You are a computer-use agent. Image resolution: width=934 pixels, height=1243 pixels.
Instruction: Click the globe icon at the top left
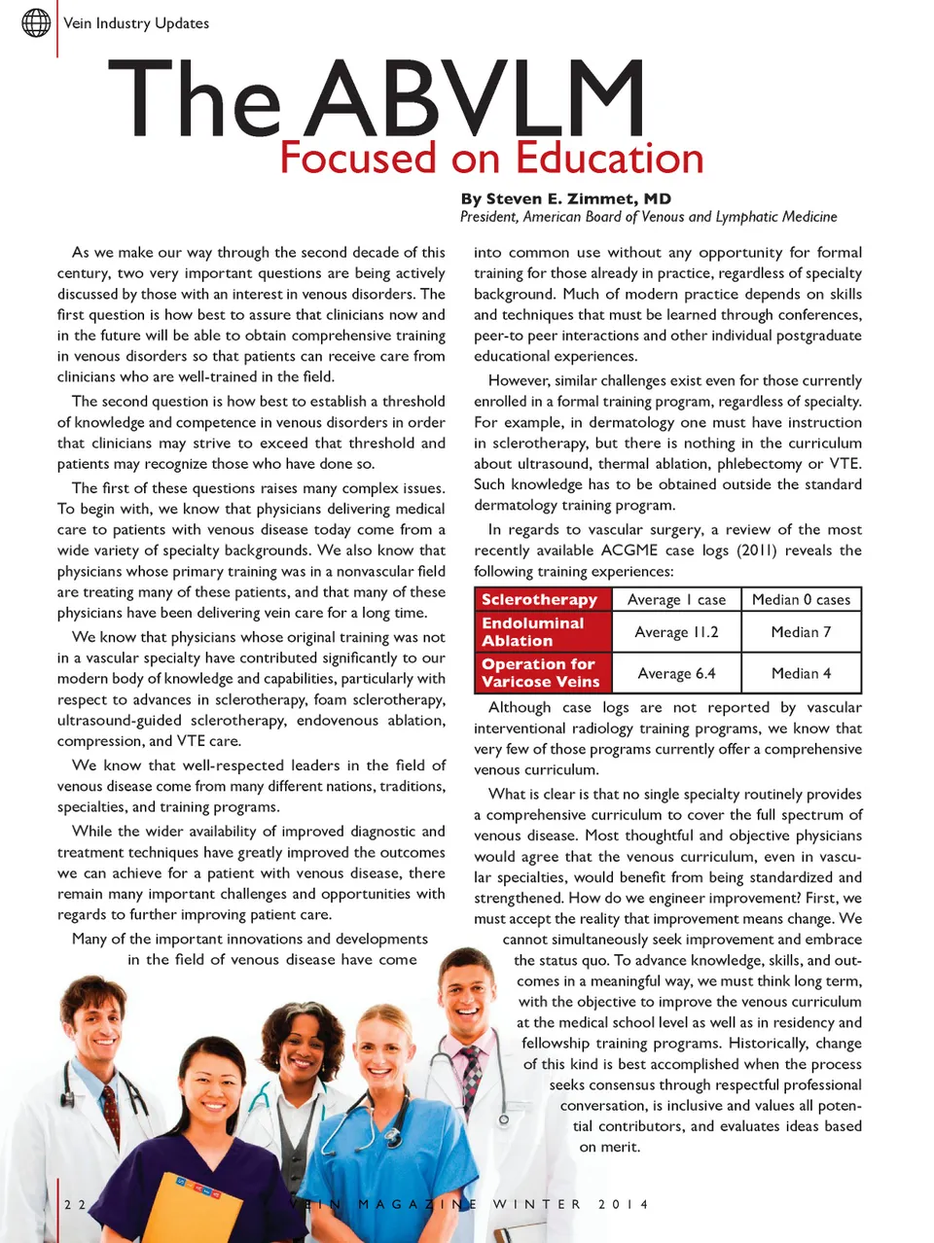point(36,22)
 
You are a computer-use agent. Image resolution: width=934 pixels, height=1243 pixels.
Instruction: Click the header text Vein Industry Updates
point(136,23)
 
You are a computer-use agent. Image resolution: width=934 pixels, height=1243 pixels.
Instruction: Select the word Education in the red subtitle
point(610,159)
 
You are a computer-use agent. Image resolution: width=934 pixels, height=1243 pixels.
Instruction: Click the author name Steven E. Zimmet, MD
point(579,198)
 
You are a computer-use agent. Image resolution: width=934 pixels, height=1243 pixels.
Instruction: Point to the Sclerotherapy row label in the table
point(539,600)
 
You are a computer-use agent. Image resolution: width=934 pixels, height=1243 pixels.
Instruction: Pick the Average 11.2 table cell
point(676,632)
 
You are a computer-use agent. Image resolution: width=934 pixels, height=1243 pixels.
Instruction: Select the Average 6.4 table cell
point(676,673)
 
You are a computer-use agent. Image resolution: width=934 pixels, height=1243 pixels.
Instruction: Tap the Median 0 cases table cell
point(801,600)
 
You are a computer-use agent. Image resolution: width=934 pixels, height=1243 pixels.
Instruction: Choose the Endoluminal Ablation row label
point(532,632)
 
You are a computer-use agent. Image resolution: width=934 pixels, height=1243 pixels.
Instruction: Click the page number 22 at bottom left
point(75,1204)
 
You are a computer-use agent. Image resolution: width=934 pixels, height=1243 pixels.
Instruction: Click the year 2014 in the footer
point(623,1204)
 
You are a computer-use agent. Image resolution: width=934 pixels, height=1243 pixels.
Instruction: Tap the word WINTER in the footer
point(536,1204)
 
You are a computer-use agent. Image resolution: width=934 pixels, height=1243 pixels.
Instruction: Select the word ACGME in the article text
point(629,550)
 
